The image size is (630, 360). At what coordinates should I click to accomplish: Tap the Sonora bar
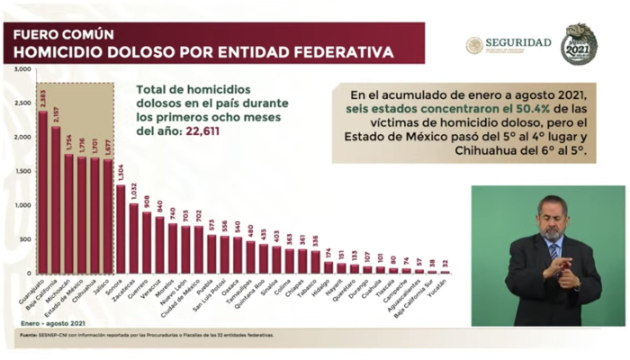pos(121,229)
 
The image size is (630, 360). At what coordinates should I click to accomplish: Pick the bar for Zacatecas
pos(133,238)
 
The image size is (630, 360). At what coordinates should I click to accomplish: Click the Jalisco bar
pos(107,216)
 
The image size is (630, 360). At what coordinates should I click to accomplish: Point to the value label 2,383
pos(42,97)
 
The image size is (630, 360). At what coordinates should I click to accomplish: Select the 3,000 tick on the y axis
pos(24,68)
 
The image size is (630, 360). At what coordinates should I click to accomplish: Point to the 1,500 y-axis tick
pos(24,171)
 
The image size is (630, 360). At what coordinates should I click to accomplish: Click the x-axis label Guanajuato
pos(31,293)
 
